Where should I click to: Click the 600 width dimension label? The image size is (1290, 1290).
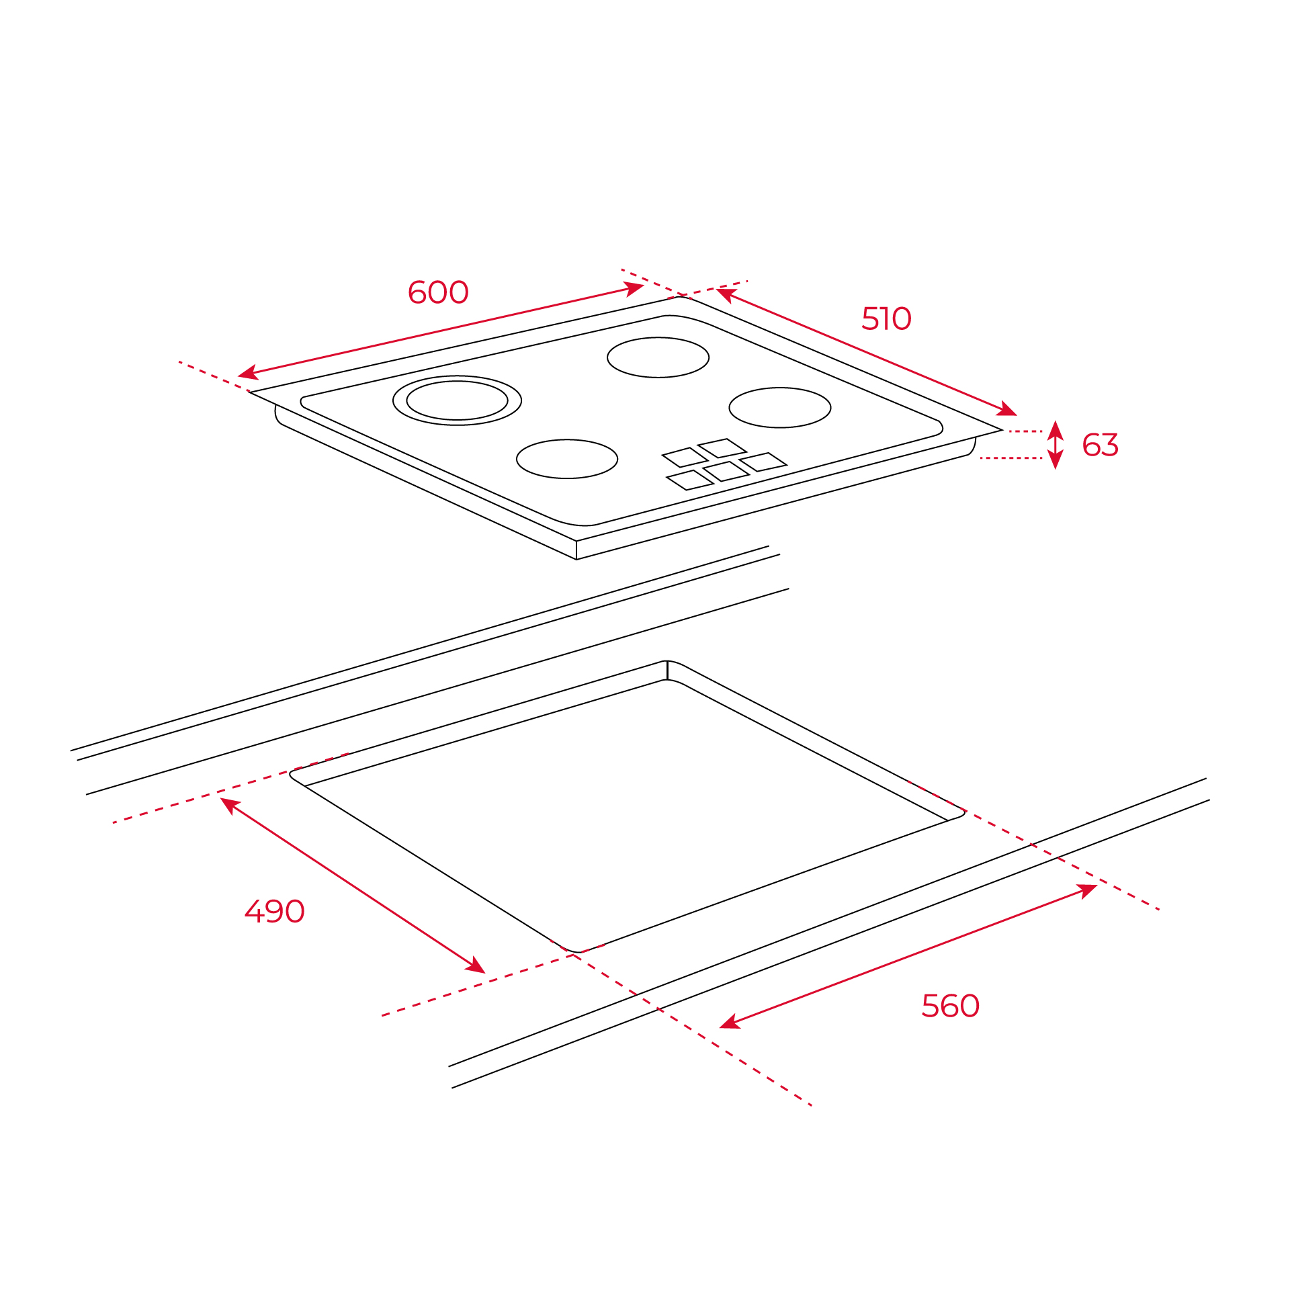click(438, 292)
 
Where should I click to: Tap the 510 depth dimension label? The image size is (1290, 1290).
click(886, 318)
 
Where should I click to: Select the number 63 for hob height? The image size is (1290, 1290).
click(1100, 445)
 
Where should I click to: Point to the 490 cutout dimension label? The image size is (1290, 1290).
click(274, 912)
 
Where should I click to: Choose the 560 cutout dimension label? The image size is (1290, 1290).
click(950, 1006)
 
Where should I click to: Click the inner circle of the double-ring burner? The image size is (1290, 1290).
click(457, 381)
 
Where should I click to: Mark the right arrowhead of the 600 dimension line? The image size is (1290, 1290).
click(634, 289)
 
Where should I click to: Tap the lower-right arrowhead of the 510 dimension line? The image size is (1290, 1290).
click(1007, 409)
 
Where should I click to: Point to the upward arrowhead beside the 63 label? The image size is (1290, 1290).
click(1056, 430)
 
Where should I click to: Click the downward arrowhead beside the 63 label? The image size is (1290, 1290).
click(1056, 460)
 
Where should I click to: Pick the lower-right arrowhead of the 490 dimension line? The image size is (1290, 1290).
click(476, 965)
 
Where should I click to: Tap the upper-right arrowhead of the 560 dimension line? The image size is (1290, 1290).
click(1088, 891)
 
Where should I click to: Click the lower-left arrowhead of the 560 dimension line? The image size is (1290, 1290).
click(730, 1023)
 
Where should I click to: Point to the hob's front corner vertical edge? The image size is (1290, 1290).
click(576, 550)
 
